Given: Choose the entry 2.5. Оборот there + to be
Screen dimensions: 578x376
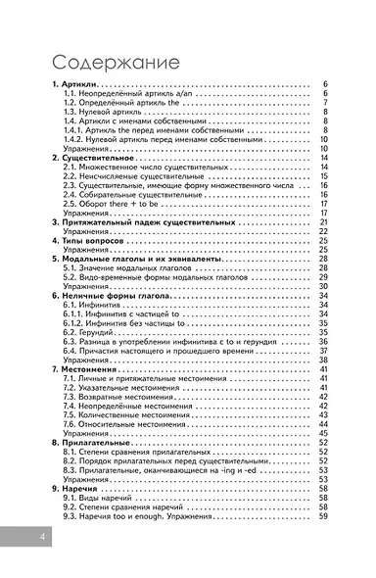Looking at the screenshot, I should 115,204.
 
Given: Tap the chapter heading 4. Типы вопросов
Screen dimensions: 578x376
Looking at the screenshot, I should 89,240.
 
